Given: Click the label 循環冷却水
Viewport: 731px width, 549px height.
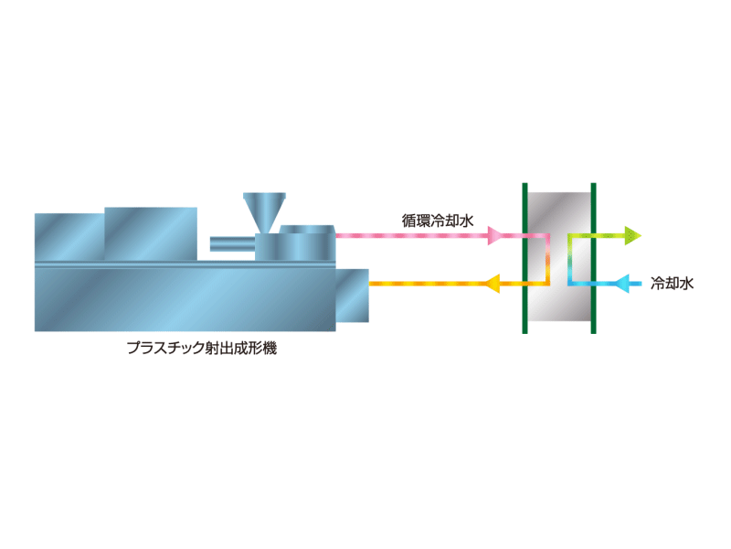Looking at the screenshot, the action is pyautogui.click(x=438, y=221).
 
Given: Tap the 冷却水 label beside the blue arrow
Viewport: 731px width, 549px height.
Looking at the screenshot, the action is pyautogui.click(x=672, y=284).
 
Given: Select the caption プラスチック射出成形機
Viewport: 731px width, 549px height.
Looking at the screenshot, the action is pyautogui.click(x=202, y=348).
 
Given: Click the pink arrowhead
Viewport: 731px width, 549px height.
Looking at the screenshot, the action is pyautogui.click(x=494, y=236).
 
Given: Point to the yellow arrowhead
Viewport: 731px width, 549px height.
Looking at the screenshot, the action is pyautogui.click(x=493, y=284).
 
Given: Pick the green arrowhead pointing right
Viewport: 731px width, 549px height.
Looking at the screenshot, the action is pyautogui.click(x=633, y=236).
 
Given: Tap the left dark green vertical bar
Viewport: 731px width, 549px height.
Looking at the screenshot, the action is pyautogui.click(x=524, y=258).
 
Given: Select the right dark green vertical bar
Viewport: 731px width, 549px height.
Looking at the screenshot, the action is pyautogui.click(x=593, y=258).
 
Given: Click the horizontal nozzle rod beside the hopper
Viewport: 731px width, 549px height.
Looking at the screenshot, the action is pyautogui.click(x=233, y=244).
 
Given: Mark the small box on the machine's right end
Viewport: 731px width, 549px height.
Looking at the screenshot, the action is pyautogui.click(x=352, y=296).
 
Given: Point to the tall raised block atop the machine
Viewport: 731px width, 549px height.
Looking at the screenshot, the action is pyautogui.click(x=151, y=234).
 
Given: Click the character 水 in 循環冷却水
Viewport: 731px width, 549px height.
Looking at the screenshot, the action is pyautogui.click(x=466, y=221).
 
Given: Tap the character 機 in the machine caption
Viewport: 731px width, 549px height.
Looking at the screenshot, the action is pyautogui.click(x=270, y=348).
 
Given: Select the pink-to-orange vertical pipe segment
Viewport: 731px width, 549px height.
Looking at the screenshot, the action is pyautogui.click(x=547, y=260).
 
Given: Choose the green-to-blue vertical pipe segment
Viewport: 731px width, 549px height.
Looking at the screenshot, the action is pyautogui.click(x=570, y=260).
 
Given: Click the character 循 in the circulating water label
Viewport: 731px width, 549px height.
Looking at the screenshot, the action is pyautogui.click(x=408, y=221).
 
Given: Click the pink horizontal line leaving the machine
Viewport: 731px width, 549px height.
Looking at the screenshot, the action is pyautogui.click(x=412, y=236).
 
